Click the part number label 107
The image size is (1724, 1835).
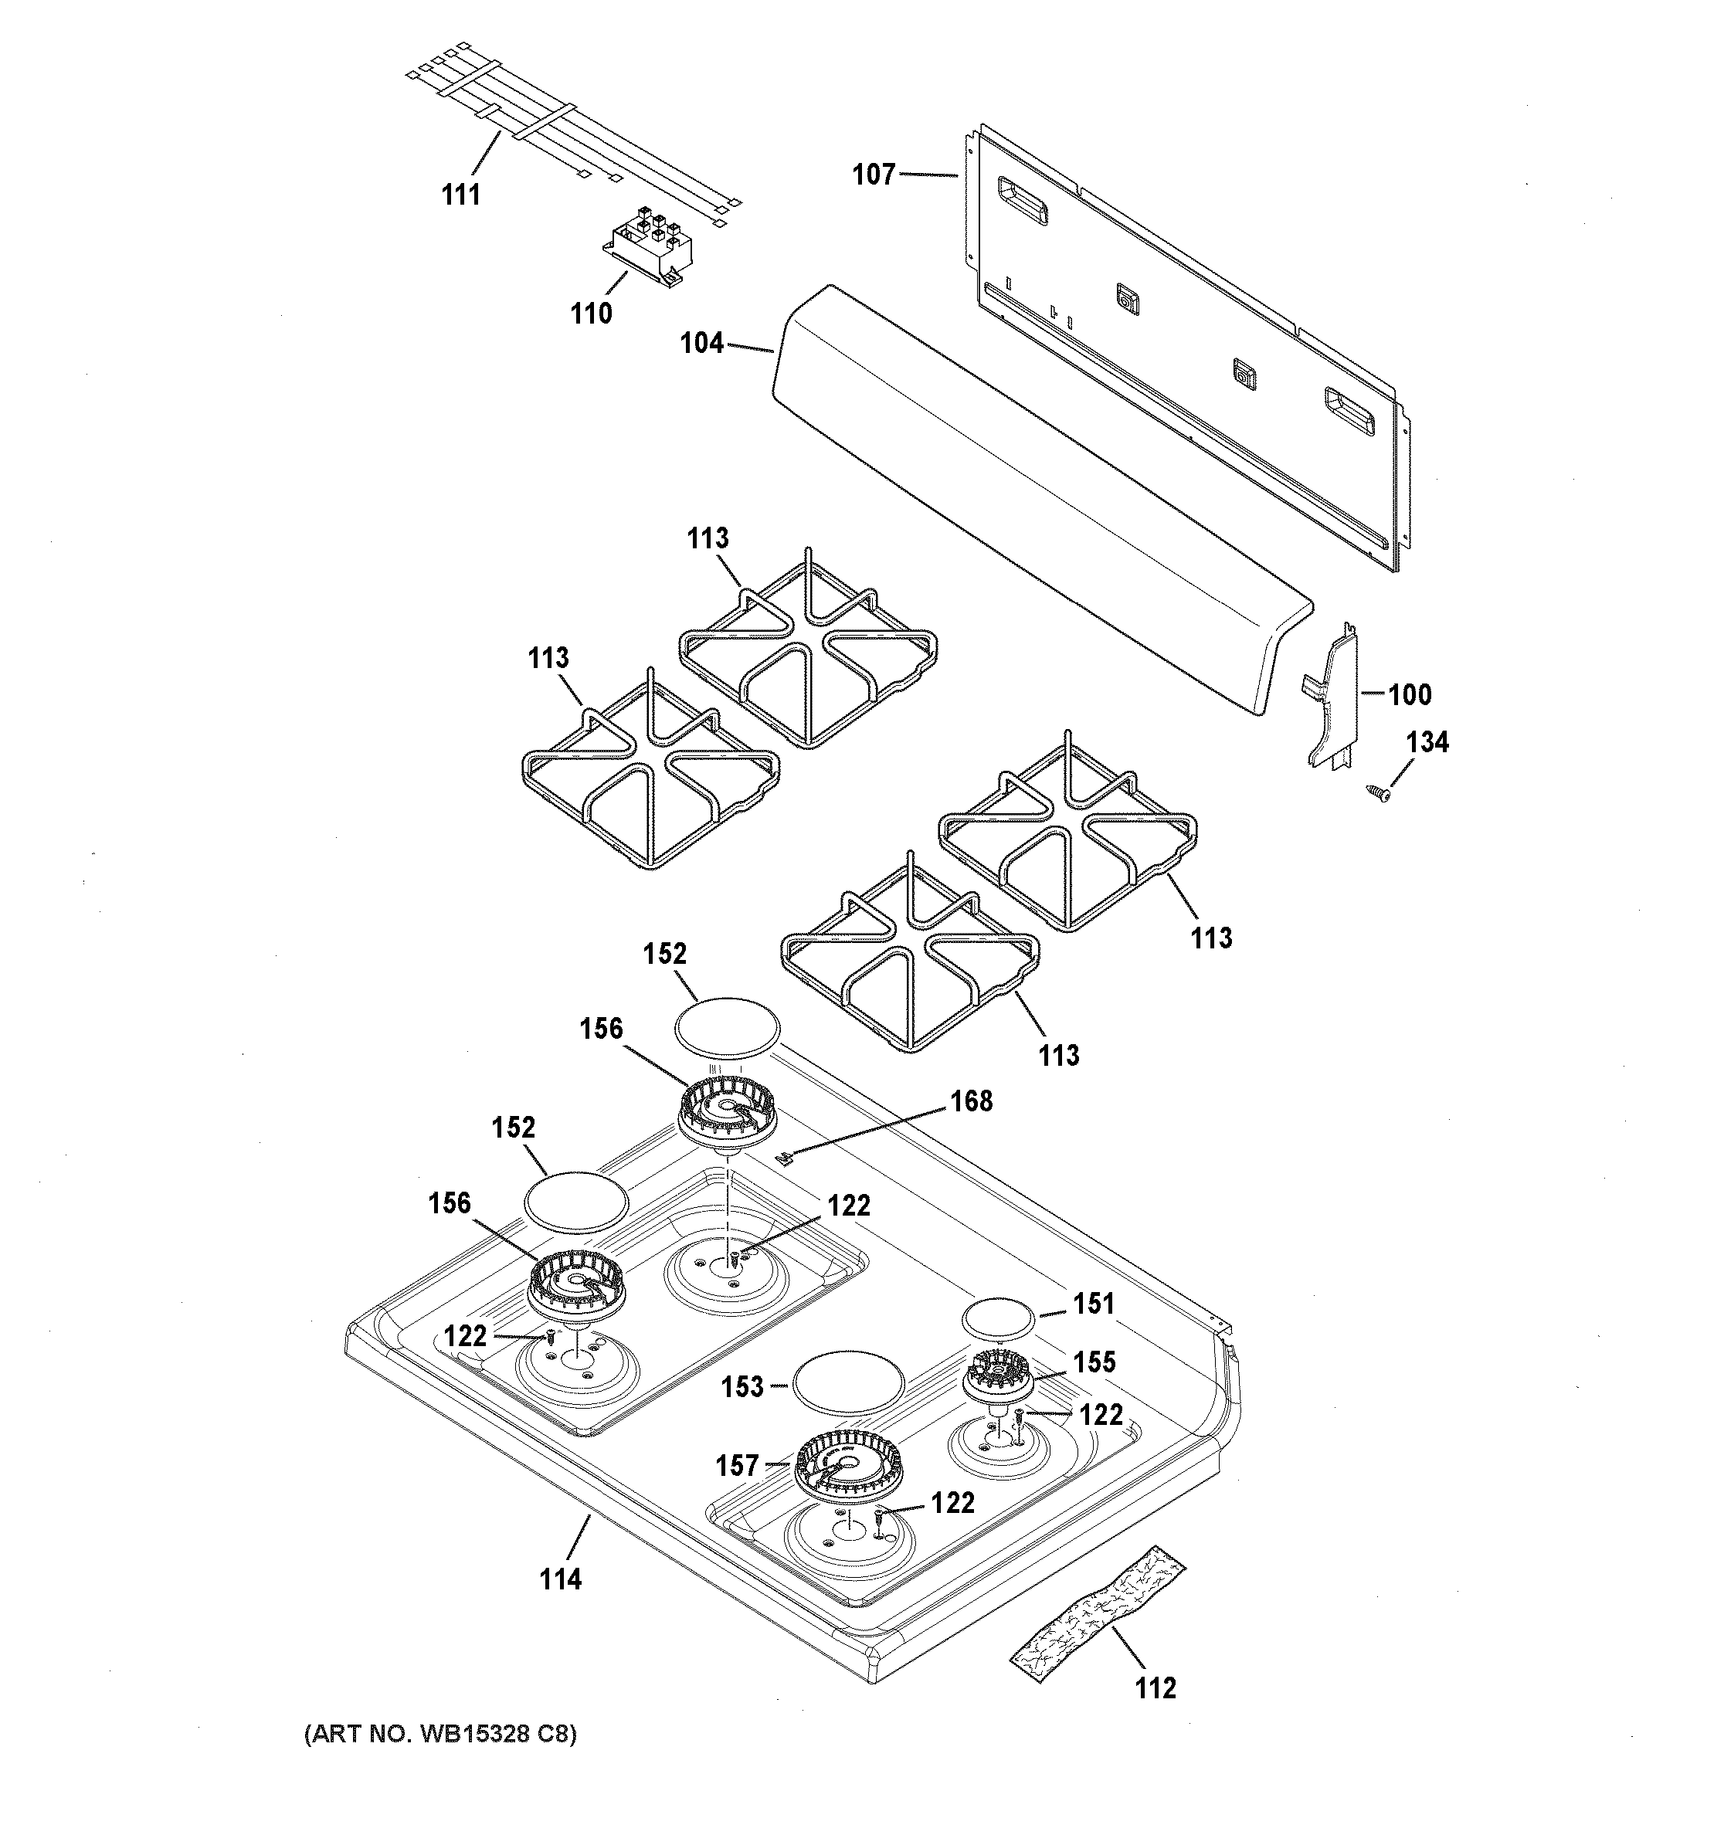(x=873, y=174)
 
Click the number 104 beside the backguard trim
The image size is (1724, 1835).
(x=701, y=344)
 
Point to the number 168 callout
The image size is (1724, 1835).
(x=971, y=1101)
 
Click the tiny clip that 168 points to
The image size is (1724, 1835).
(x=786, y=1157)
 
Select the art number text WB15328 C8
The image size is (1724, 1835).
(x=440, y=1734)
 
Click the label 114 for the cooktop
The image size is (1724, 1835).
(x=560, y=1579)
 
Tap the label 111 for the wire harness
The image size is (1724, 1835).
(x=460, y=195)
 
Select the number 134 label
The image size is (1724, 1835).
(x=1427, y=742)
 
